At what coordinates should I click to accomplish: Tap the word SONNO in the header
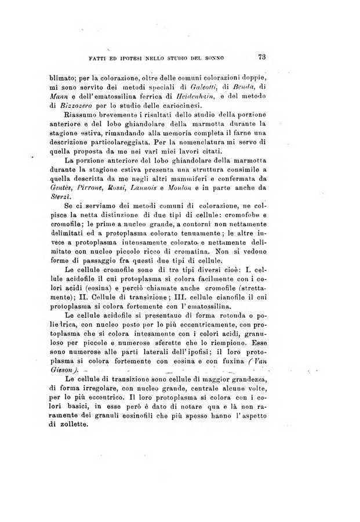[x=220, y=58]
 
